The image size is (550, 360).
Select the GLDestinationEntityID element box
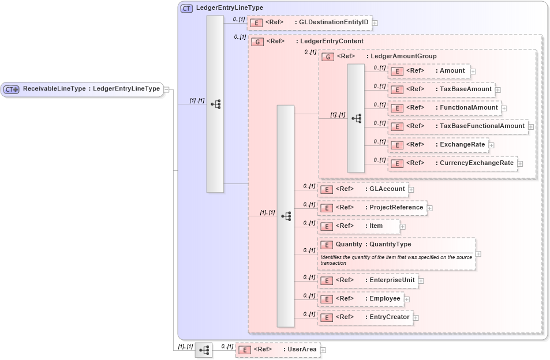pos(309,22)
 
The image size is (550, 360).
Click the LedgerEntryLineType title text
pos(229,8)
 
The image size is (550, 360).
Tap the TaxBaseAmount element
pos(441,89)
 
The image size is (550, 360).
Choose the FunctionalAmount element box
pos(444,108)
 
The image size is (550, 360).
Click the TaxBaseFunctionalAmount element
pos(457,126)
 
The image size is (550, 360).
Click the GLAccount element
pos(363,189)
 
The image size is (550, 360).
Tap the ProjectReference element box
pos(372,208)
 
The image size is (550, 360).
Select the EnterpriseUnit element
pos(368,280)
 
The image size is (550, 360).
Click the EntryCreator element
pos(365,317)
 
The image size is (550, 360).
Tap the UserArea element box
pos(278,350)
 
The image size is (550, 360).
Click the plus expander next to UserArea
pos(323,350)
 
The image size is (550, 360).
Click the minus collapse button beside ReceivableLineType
pos(166,89)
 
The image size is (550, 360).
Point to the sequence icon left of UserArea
pos(204,350)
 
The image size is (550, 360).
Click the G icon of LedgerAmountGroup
pos(328,57)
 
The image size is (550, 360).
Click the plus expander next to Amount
pos(473,72)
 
